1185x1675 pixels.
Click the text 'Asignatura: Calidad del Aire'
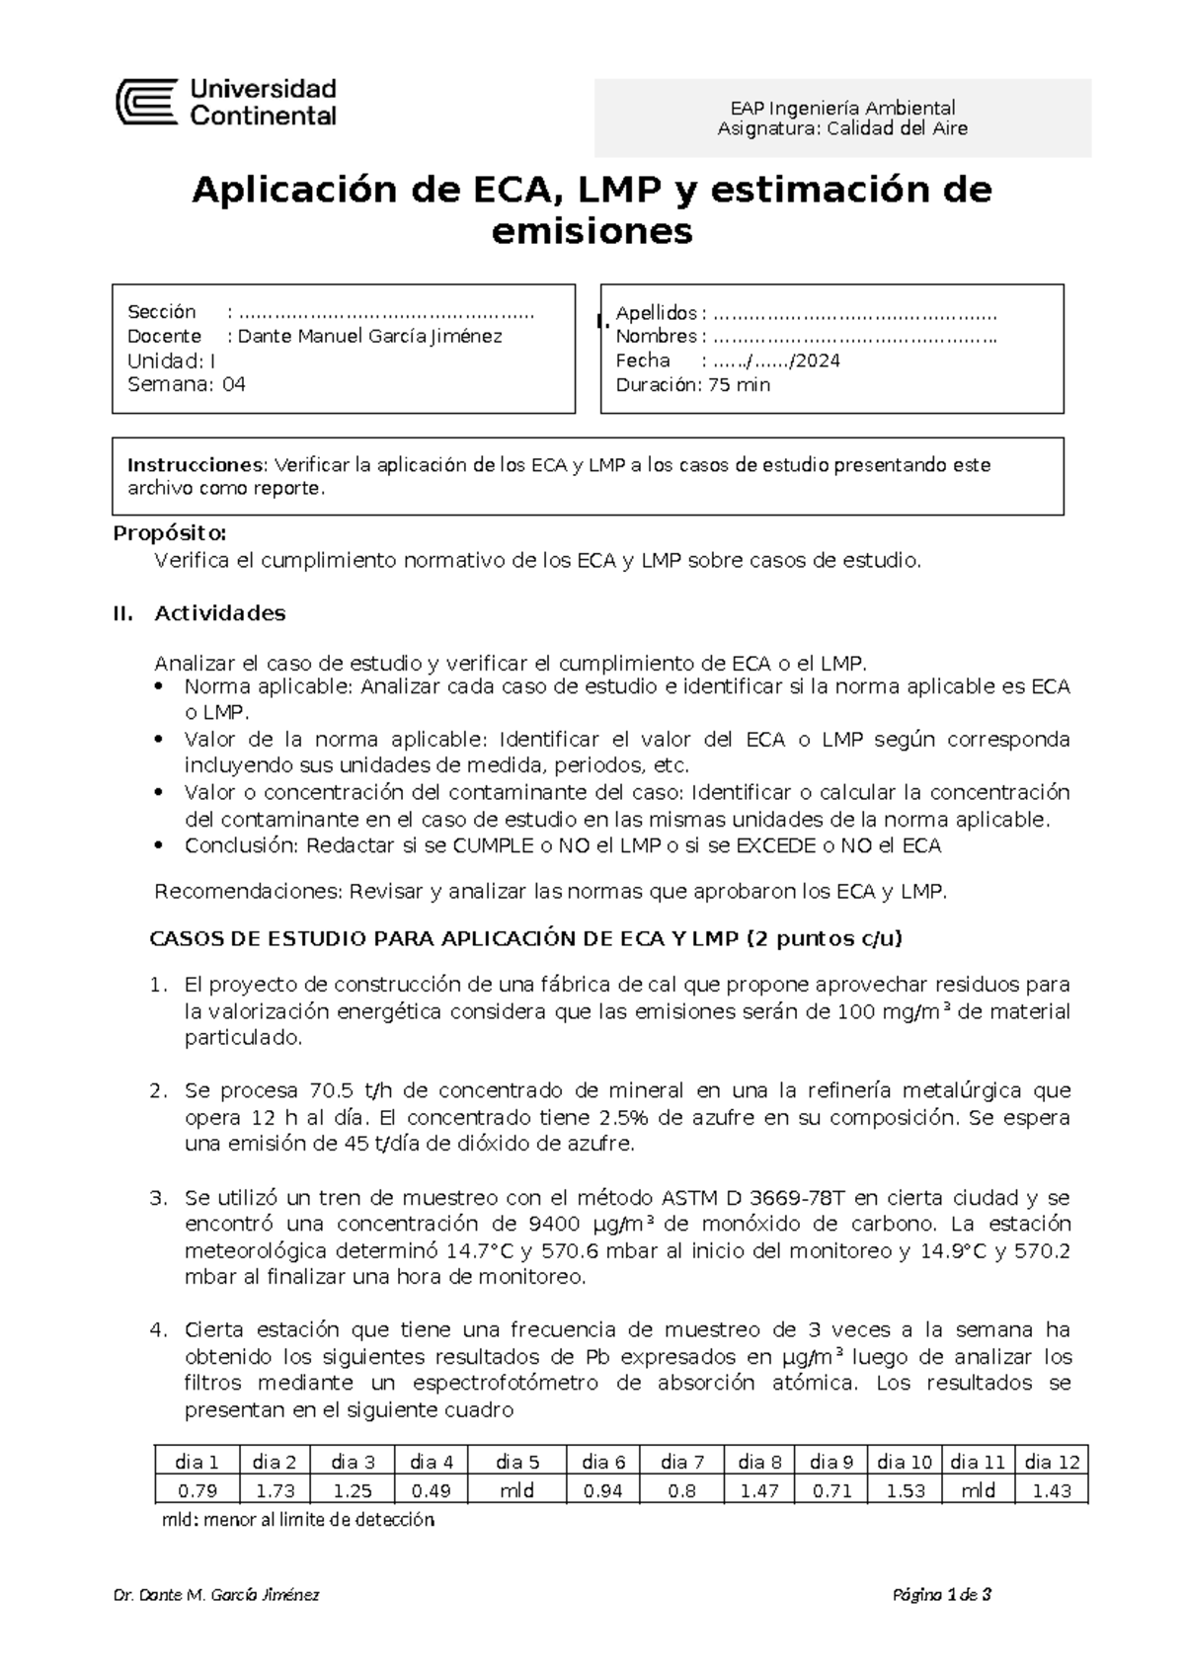[x=842, y=128]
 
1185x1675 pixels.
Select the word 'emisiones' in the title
[x=592, y=232]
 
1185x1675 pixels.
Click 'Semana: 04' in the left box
[x=187, y=385]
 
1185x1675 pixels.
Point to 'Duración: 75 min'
[x=692, y=385]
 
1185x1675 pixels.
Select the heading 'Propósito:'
[x=170, y=534]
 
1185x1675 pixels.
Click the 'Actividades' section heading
[x=220, y=613]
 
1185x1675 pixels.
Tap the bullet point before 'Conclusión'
[x=161, y=846]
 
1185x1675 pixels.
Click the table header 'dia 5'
[x=517, y=1463]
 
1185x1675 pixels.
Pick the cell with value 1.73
[x=276, y=1491]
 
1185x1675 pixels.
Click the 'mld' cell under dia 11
[x=979, y=1491]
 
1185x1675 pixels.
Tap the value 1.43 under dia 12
[x=1051, y=1491]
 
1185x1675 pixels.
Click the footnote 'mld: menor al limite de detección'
[x=297, y=1521]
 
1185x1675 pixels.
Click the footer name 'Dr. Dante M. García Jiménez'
[x=216, y=1595]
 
